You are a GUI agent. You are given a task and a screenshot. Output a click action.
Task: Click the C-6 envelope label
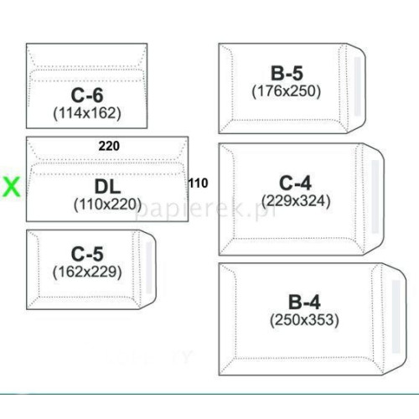pyautogui.click(x=87, y=96)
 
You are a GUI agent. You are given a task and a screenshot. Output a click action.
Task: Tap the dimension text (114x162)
pyautogui.click(x=87, y=113)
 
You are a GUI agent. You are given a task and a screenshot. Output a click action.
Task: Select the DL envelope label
pyautogui.click(x=107, y=187)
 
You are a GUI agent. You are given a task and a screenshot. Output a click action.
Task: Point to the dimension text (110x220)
pyautogui.click(x=107, y=204)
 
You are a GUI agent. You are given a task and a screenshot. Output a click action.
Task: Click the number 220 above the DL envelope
pyautogui.click(x=109, y=146)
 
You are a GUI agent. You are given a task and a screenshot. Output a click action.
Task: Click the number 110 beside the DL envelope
pyautogui.click(x=198, y=184)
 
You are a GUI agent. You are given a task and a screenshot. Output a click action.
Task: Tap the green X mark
pyautogui.click(x=11, y=187)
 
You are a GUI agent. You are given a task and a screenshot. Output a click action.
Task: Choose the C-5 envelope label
pyautogui.click(x=87, y=254)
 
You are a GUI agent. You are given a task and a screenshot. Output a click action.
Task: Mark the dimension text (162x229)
pyautogui.click(x=87, y=272)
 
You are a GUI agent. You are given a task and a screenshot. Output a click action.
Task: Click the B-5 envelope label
pyautogui.click(x=287, y=73)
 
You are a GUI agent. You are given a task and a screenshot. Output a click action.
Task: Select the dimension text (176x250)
pyautogui.click(x=287, y=91)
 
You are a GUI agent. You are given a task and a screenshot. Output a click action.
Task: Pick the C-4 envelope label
pyautogui.click(x=296, y=184)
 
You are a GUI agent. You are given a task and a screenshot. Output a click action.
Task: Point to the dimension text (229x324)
pyautogui.click(x=296, y=201)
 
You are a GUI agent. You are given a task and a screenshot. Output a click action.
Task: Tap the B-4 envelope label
pyautogui.click(x=304, y=303)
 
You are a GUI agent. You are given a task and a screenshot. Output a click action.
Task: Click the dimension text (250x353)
pyautogui.click(x=304, y=320)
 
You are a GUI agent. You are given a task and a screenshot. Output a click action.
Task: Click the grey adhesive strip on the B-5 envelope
pyautogui.click(x=357, y=86)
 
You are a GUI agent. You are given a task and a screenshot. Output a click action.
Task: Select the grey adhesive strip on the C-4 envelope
pyautogui.click(x=375, y=197)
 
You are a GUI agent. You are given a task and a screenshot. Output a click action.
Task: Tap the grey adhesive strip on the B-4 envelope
pyautogui.click(x=396, y=317)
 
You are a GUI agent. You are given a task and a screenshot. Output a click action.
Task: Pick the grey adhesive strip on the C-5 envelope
pyautogui.click(x=149, y=268)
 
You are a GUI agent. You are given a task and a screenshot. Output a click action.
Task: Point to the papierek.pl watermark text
pyautogui.click(x=206, y=208)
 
